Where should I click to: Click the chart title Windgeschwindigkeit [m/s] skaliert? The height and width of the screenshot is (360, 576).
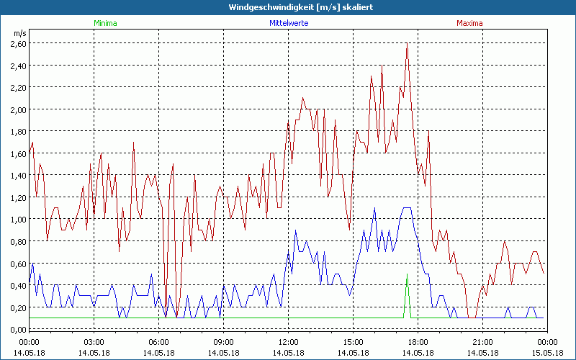coord(288,7)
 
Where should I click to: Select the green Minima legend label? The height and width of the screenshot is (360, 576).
coord(104,23)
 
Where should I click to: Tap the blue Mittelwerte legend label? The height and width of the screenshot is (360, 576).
coord(288,23)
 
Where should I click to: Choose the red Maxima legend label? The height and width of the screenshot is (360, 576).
coord(469,23)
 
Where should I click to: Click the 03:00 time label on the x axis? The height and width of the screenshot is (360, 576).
coord(94,342)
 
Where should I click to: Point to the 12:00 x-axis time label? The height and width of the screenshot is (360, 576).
coord(288,342)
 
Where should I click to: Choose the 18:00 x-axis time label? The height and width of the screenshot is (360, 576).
coord(418,342)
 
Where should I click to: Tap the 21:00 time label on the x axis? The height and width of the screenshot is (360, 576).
coord(482,342)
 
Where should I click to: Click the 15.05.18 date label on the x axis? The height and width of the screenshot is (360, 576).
coord(546,353)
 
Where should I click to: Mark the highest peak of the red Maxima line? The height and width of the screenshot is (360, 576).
coord(408,45)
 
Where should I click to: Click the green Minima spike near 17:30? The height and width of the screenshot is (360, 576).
coord(407,277)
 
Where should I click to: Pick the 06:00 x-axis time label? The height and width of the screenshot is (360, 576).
coord(159,342)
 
